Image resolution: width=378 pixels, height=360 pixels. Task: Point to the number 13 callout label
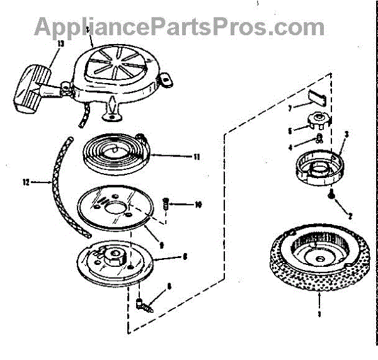coord(60,44)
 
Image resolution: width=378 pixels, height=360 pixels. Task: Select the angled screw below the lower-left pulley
coord(144,306)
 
